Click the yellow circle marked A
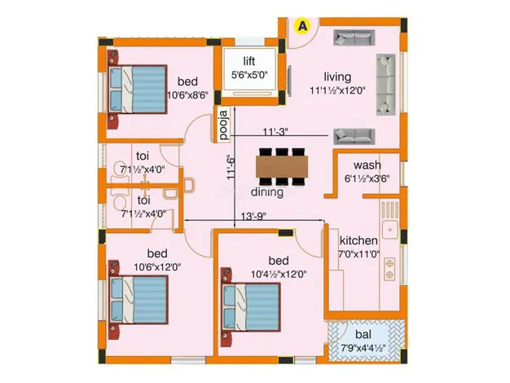pyautogui.click(x=302, y=26)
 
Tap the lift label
pyautogui.click(x=249, y=61)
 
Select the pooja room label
pyautogui.click(x=223, y=125)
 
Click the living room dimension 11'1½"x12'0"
pyautogui.click(x=337, y=90)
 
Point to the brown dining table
pyautogui.click(x=282, y=166)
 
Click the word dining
pyautogui.click(x=266, y=192)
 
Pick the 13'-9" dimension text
pyautogui.click(x=253, y=216)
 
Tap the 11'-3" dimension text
pyautogui.click(x=276, y=132)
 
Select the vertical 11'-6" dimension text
pyautogui.click(x=231, y=169)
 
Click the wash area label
pyautogui.click(x=367, y=165)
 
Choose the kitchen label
pyautogui.click(x=358, y=240)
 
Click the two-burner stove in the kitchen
pyautogui.click(x=389, y=269)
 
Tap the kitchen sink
pyautogui.click(x=390, y=230)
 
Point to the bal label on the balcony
pyautogui.click(x=363, y=334)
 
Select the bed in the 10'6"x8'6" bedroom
pyautogui.click(x=138, y=90)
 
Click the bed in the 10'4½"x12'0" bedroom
pyautogui.click(x=251, y=308)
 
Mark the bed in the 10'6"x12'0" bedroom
pyautogui.click(x=138, y=300)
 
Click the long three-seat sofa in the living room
pyautogui.click(x=385, y=85)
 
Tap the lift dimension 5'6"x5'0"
pyautogui.click(x=249, y=75)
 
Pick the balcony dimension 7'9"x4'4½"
pyautogui.click(x=363, y=348)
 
